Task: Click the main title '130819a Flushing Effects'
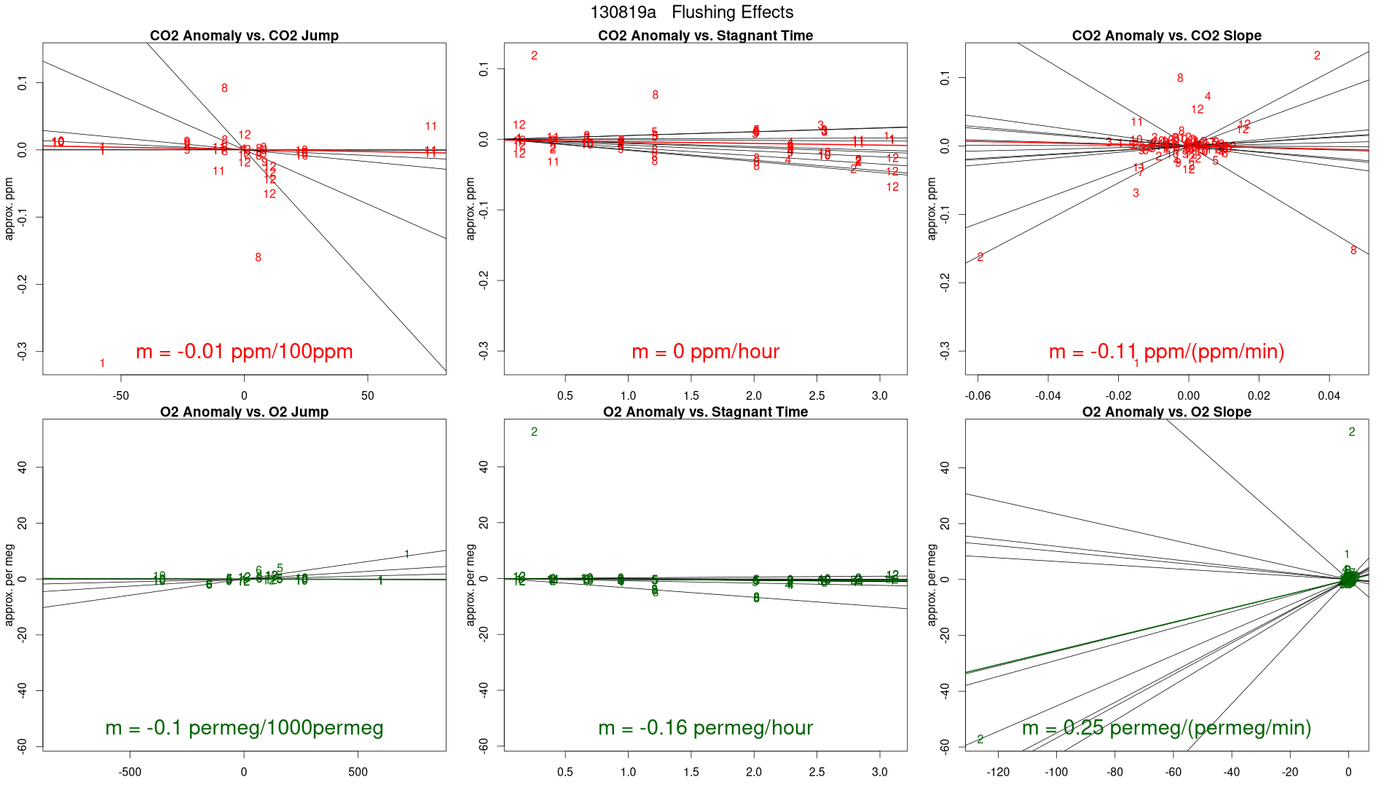click(691, 12)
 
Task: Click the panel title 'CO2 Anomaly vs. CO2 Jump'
click(244, 36)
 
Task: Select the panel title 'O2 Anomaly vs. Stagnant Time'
click(705, 412)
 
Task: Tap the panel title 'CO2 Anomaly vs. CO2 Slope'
click(1166, 36)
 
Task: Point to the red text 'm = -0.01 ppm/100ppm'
click(244, 352)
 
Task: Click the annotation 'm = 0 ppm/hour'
click(705, 352)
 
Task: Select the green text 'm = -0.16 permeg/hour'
click(705, 728)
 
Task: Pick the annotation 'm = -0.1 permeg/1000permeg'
click(244, 728)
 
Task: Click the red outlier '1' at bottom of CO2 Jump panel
click(102, 363)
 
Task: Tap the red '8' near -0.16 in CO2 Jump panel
click(258, 258)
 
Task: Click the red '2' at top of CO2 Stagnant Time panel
click(534, 56)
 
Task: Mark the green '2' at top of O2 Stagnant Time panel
click(534, 433)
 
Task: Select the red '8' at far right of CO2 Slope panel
click(1353, 250)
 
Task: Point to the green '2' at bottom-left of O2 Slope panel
click(980, 740)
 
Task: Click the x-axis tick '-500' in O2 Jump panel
click(130, 772)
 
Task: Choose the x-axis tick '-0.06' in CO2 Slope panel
click(978, 395)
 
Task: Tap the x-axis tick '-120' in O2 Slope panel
click(998, 772)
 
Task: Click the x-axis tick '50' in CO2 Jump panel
click(368, 395)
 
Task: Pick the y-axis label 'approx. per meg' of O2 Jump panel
click(9, 585)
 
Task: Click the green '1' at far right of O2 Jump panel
click(406, 555)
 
